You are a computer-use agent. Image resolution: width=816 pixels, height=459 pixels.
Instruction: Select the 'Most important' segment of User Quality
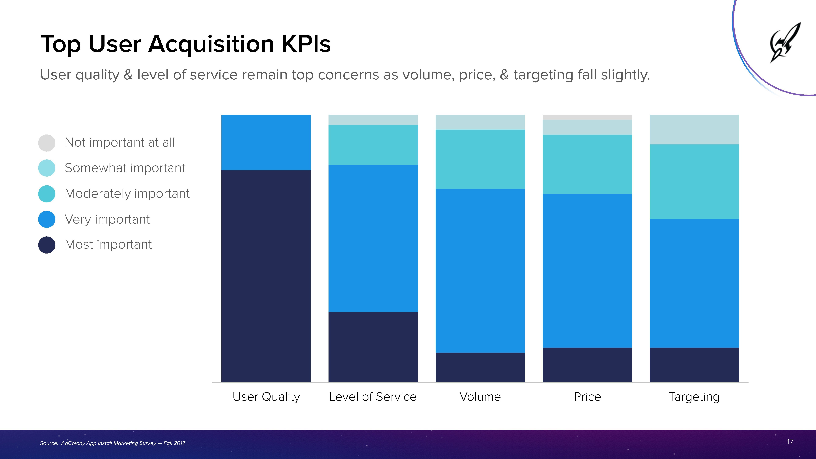266,276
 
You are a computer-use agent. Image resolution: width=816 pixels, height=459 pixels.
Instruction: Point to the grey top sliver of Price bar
587,117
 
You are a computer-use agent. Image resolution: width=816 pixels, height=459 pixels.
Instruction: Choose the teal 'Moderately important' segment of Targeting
694,181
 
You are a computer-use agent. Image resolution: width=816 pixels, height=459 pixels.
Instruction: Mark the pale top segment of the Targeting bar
694,129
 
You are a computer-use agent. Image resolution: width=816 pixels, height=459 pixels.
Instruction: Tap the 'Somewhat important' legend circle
47,168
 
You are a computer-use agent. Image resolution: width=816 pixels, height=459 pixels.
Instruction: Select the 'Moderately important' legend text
127,194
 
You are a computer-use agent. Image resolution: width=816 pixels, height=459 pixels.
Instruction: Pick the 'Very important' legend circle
47,219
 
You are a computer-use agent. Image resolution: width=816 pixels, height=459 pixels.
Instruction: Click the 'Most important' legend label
108,244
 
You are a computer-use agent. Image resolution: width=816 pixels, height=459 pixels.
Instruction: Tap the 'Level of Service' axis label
373,397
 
